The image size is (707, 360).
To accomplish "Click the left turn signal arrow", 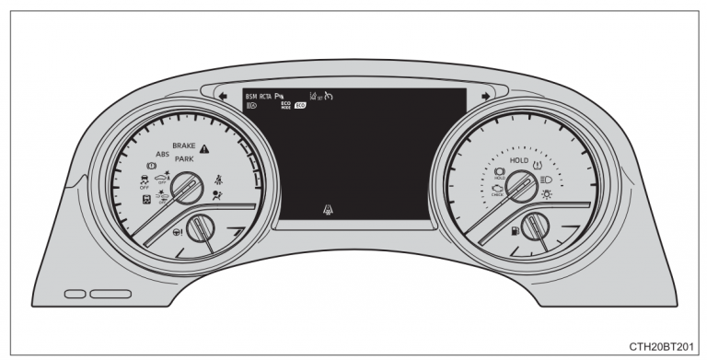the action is point(223,94).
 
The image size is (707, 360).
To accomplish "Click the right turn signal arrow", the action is point(485,94).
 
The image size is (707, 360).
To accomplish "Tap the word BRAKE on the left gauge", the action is point(184,146).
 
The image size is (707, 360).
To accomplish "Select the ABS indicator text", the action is point(162,155).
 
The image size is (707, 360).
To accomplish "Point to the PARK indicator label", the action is point(184,159).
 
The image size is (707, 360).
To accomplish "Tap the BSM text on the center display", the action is point(251,95).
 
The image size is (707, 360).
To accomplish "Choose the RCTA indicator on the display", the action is point(266,95).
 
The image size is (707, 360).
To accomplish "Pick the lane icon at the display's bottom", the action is point(328,211).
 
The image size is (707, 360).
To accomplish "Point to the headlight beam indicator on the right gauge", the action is point(547,179).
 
